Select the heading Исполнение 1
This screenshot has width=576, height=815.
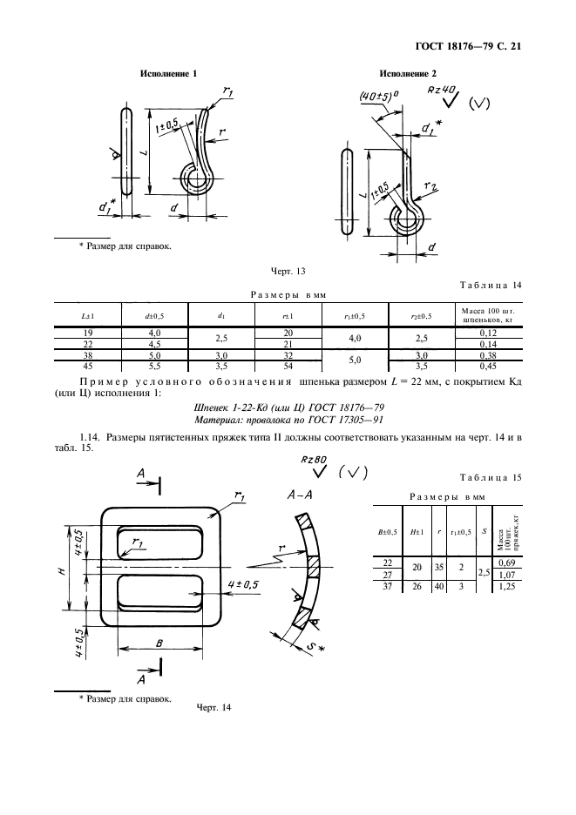(169, 74)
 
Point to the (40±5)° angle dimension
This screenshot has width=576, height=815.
(376, 97)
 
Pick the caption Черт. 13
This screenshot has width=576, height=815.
(288, 273)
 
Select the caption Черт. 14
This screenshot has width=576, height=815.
(213, 707)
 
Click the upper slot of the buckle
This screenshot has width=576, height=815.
(161, 544)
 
